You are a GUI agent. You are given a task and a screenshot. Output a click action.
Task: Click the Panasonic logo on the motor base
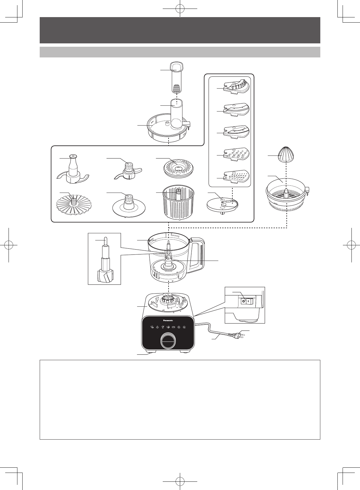click(168, 320)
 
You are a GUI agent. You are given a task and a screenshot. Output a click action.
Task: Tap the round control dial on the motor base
click(168, 341)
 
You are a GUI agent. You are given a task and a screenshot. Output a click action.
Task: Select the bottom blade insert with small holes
click(237, 177)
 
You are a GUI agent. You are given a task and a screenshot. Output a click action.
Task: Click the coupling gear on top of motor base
click(168, 298)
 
